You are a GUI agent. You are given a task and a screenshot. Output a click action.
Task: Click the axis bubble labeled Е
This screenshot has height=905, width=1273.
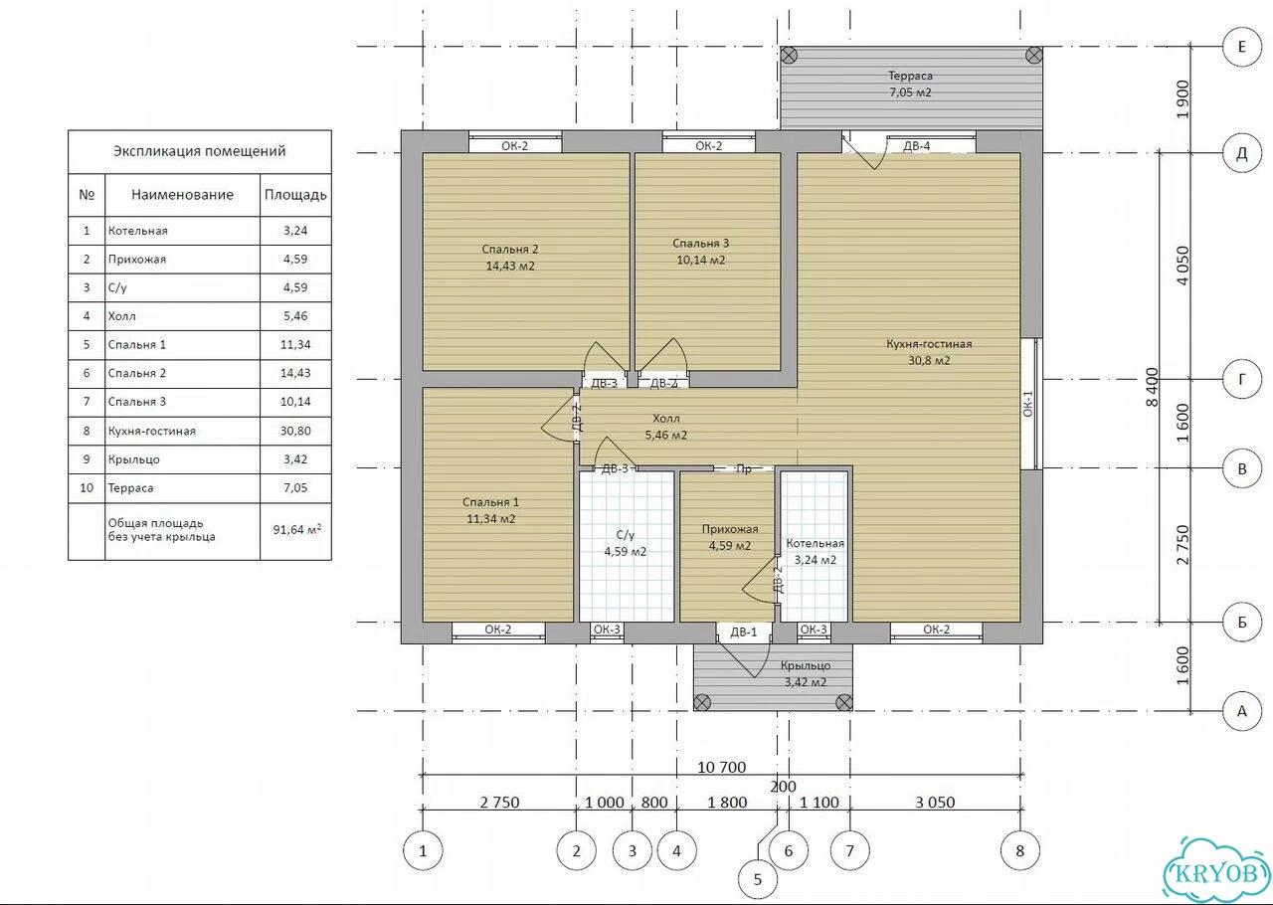pos(1242,47)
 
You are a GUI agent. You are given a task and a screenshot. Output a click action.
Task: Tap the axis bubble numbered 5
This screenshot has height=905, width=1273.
pos(758,879)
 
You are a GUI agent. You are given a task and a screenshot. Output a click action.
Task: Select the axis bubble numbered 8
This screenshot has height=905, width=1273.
pos(1020,850)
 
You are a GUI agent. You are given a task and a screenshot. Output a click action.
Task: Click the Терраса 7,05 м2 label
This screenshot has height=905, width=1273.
pos(910,84)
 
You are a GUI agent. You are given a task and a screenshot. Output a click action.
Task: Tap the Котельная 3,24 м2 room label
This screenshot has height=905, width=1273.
pos(815,551)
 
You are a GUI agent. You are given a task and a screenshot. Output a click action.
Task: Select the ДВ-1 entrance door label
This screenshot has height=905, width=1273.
pos(743,632)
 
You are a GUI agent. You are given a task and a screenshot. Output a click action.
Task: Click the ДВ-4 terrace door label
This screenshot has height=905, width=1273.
pos(916,146)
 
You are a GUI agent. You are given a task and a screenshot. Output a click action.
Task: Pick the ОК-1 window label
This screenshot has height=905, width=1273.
pos(1027,404)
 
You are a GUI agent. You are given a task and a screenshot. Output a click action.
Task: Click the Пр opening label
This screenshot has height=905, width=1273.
pos(743,469)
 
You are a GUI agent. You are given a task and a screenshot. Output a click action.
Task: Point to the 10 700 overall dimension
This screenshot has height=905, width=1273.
pos(721,767)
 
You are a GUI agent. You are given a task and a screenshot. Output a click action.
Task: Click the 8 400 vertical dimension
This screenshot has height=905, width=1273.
pos(1152,387)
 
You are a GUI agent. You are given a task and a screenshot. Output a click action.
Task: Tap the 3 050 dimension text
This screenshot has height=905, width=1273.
pos(935,803)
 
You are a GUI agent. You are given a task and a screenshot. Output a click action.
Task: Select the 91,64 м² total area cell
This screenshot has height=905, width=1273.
pos(296,530)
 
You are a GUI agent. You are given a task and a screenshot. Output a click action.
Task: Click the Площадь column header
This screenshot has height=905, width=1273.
pos(295,195)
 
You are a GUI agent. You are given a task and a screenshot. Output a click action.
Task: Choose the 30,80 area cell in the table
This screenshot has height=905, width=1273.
pos(295,431)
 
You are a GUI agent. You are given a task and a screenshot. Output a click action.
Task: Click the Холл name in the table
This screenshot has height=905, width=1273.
pos(121,316)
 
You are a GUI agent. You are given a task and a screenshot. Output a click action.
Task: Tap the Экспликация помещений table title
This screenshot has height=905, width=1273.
pos(200,151)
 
